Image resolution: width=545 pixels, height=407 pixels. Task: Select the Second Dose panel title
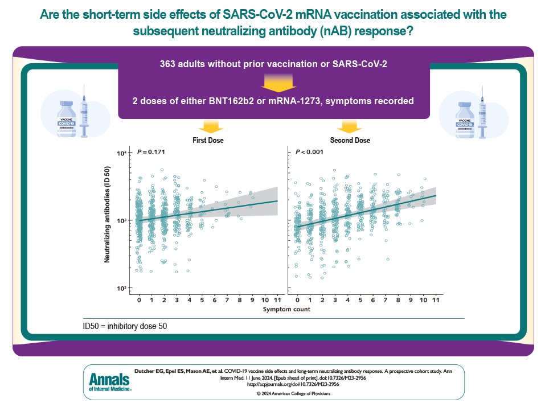click(350, 140)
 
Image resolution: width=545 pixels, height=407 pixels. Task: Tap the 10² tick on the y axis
click(121, 289)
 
